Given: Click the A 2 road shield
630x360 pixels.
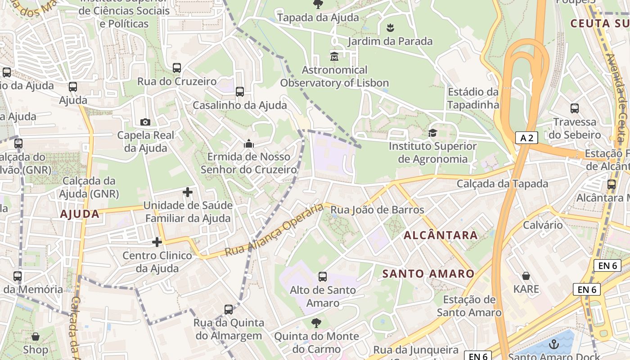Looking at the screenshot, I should [x=526, y=138].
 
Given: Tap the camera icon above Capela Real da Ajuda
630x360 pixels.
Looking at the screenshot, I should [x=145, y=122].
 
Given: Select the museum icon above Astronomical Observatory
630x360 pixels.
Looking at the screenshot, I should [x=334, y=57].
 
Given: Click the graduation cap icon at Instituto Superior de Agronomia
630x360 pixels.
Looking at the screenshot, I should [x=432, y=133].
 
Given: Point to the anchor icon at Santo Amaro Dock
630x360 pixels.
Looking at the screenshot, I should [x=554, y=344].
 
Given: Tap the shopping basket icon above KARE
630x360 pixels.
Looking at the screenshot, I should [x=526, y=276].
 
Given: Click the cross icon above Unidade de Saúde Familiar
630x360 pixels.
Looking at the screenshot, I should [x=188, y=193].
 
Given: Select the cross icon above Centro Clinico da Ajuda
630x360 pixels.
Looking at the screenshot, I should [x=157, y=242].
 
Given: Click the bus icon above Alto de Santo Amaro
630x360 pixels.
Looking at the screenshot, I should [x=323, y=277].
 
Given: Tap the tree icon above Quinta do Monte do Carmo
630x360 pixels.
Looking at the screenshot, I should [x=316, y=323].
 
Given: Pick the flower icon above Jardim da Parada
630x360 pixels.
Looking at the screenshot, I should [x=390, y=28].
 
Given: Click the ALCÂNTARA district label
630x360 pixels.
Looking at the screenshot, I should [x=441, y=235].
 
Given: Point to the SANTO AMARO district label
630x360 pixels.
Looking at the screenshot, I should [x=428, y=274].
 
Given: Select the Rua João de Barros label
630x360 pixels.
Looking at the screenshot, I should [x=377, y=210].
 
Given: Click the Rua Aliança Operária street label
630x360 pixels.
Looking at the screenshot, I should [x=274, y=229].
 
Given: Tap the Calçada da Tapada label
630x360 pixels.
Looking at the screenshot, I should [x=502, y=184].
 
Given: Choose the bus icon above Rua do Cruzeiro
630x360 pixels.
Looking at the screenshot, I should [x=177, y=68].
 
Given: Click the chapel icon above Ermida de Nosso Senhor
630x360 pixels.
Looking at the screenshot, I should [x=248, y=144].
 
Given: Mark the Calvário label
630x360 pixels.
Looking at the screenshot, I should [x=543, y=225].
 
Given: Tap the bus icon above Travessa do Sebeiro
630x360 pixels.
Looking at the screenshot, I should [x=575, y=108].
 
